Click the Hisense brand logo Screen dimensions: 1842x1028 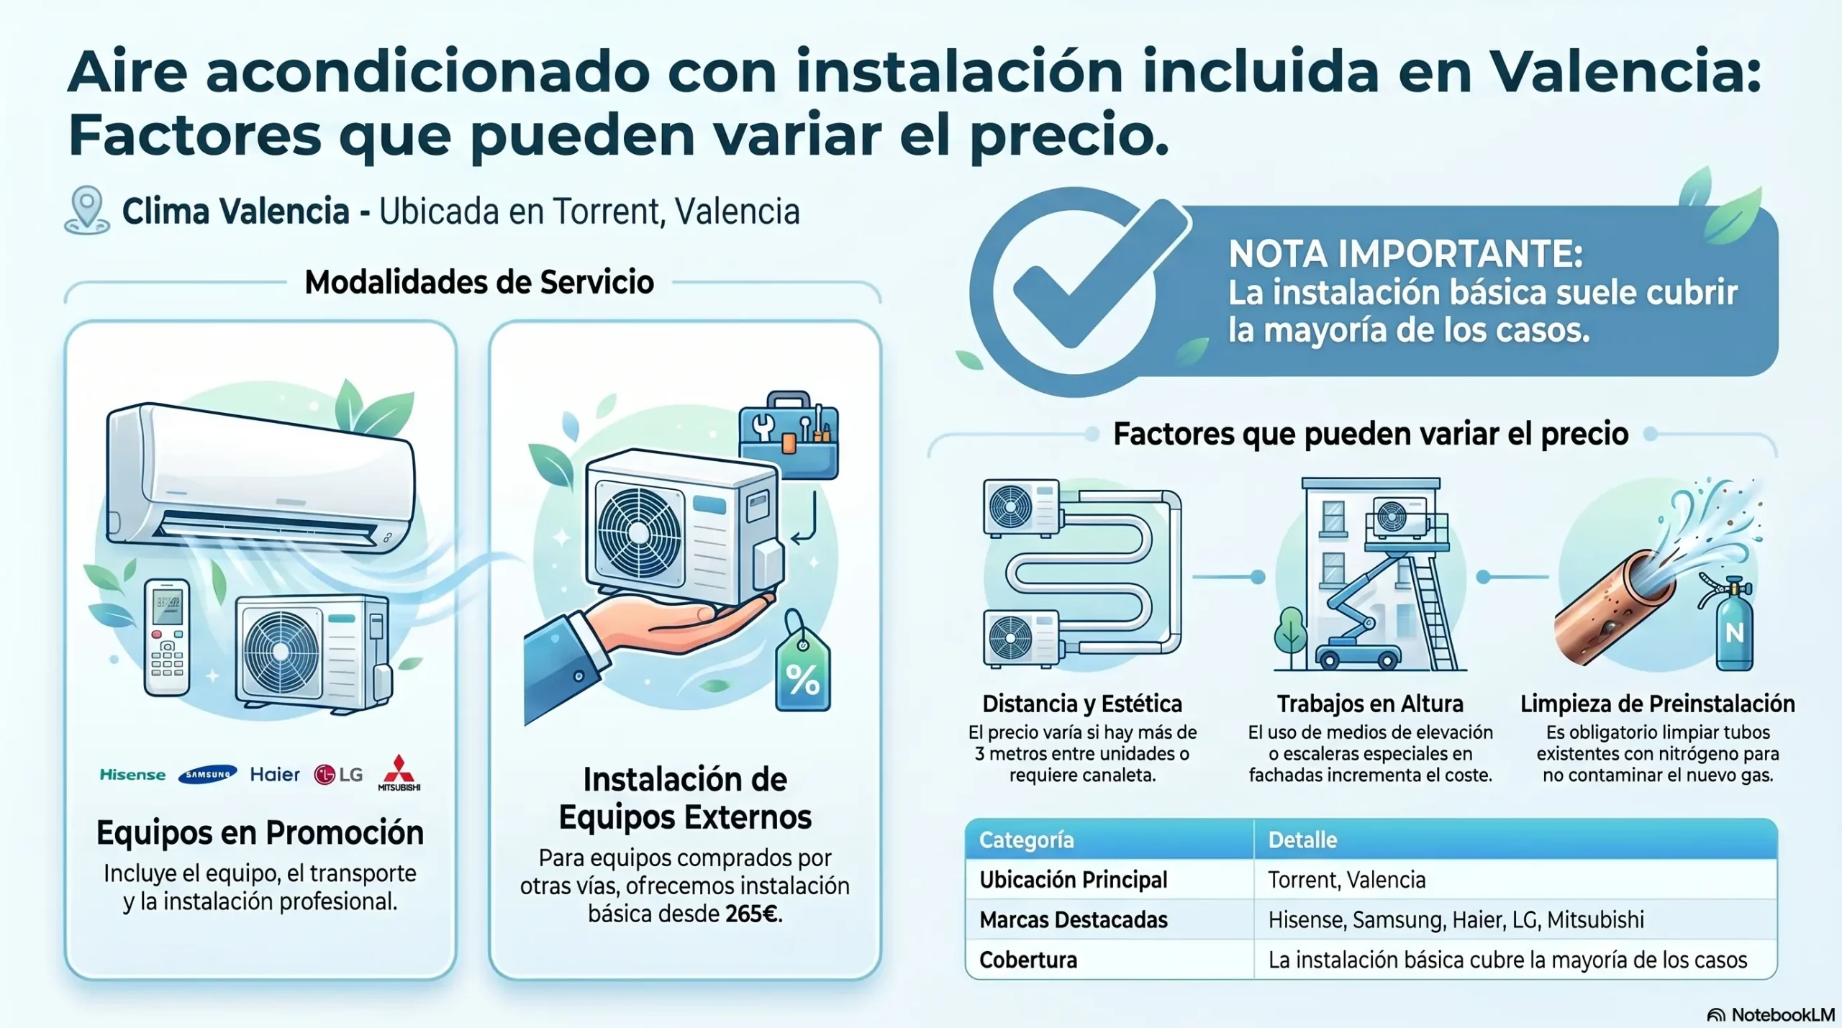[x=132, y=775]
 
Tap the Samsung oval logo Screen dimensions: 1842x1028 [x=207, y=774]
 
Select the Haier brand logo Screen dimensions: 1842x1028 [x=275, y=774]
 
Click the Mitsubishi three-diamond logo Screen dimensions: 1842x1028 [x=399, y=773]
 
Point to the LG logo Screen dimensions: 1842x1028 [x=338, y=775]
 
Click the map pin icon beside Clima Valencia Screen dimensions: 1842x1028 [x=87, y=210]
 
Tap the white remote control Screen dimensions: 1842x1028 [x=167, y=637]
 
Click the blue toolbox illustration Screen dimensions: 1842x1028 [x=789, y=435]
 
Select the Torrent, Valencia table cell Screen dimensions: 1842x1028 [x=1346, y=880]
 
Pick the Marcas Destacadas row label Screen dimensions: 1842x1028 [x=1074, y=920]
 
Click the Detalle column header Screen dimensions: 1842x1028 [x=1302, y=840]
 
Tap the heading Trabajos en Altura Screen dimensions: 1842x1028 [x=1370, y=703]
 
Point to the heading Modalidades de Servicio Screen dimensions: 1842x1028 [x=479, y=282]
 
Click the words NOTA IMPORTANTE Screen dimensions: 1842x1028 [x=1405, y=254]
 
